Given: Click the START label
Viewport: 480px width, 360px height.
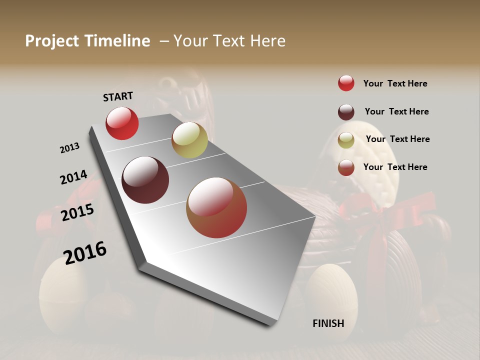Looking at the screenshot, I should point(118,96).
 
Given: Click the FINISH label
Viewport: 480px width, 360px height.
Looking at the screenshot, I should point(328,323).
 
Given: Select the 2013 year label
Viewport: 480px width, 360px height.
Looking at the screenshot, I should point(69,148).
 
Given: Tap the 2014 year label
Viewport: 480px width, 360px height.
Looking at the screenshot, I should point(73,177).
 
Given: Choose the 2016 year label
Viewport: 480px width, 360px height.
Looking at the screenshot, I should point(85,252).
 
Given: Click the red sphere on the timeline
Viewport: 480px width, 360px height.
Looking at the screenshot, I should point(122,123).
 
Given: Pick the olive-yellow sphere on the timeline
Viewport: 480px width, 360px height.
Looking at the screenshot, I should point(189,140).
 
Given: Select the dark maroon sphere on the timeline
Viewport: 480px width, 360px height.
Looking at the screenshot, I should point(145,180).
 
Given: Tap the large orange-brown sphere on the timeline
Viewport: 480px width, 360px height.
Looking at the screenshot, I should point(216,207).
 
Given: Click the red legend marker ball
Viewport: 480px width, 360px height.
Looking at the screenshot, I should point(346,83).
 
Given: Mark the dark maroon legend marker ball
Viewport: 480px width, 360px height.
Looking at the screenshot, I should point(346,112).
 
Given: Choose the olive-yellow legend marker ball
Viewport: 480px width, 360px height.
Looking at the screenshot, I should point(346,140).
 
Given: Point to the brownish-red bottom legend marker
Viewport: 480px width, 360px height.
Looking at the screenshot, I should point(346,167).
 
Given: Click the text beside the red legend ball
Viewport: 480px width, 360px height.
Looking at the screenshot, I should point(395,83).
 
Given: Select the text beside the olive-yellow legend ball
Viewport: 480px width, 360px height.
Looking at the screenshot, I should point(397,139).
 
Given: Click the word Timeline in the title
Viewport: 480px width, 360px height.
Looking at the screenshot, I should point(117,41).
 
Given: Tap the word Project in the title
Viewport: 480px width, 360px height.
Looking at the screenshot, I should point(52,41).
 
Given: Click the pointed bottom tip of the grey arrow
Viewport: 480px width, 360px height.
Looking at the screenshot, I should point(270,323).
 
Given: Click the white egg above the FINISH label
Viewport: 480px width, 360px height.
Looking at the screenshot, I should point(331,290).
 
